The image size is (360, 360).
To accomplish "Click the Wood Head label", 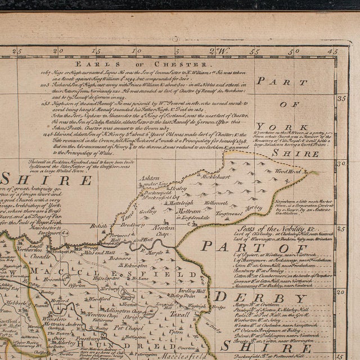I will (x=285, y=170).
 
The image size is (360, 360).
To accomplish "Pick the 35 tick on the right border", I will (x=341, y=98).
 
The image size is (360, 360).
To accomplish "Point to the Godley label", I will (x=147, y=212).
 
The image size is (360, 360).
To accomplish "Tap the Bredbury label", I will (x=132, y=225).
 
